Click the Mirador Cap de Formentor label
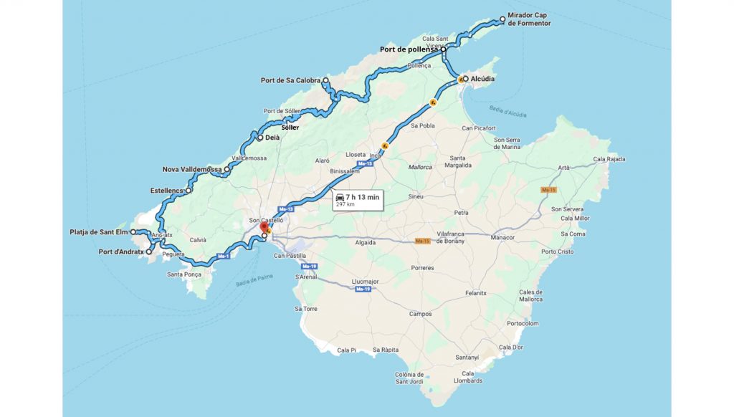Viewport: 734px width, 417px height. [531, 19]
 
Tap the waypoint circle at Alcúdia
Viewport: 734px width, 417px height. [465, 78]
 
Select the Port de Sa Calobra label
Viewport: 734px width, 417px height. [290, 80]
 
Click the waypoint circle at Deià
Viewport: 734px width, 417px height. [260, 138]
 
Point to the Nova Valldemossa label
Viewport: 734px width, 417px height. [192, 170]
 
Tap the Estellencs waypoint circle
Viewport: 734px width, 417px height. [189, 191]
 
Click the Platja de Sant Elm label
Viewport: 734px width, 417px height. [98, 232]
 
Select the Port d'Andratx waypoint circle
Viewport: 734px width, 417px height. [149, 252]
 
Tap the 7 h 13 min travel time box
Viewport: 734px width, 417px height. [357, 199]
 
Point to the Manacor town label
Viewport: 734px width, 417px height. [502, 237]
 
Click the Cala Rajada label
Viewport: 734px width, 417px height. [609, 159]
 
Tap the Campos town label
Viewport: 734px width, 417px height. [420, 314]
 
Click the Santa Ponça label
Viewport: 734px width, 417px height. [183, 274]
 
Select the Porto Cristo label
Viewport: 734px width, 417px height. [558, 251]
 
